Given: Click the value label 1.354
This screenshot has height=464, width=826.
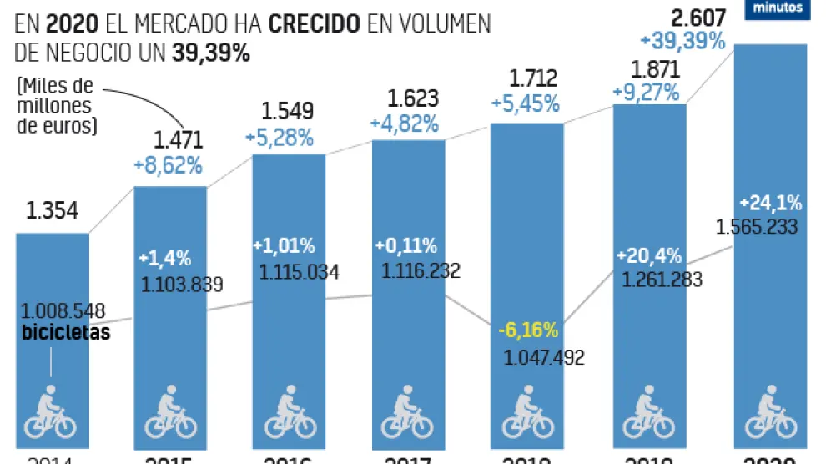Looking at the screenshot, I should coord(53,211).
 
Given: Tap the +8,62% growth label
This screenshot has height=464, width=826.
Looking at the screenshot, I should coord(168,165).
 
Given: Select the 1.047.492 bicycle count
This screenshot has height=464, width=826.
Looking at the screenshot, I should coord(544,358).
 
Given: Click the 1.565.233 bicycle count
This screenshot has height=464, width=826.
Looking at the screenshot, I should coord(757,226).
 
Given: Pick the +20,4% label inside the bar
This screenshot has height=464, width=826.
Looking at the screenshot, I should coord(650,255).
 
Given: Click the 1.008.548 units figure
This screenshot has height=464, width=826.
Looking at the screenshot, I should coord(63,312).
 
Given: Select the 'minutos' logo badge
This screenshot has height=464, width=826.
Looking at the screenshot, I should coord(778,8).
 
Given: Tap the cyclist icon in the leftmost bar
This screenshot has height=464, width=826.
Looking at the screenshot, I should coord(52,411).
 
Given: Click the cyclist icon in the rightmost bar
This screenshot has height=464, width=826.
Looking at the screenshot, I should coord(770,411).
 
